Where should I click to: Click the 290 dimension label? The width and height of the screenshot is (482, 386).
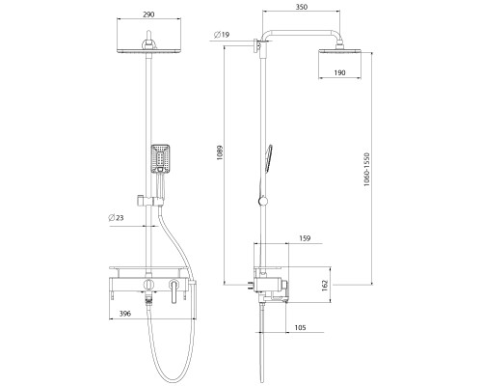coord(148,14)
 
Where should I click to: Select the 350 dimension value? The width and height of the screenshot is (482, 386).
coord(302,7)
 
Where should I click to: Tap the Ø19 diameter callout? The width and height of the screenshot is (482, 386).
coord(222,35)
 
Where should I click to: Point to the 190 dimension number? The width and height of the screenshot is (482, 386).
coord(339,72)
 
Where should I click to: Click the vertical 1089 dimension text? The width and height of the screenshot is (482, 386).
coord(220,153)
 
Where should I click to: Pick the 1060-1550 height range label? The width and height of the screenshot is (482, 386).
coord(366,170)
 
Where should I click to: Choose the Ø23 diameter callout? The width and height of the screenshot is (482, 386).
coord(116,218)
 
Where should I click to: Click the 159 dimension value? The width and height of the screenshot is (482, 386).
coord(305,238)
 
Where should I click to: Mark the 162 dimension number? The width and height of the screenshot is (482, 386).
coord(325,286)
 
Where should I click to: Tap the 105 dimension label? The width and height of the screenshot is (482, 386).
coord(300,328)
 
